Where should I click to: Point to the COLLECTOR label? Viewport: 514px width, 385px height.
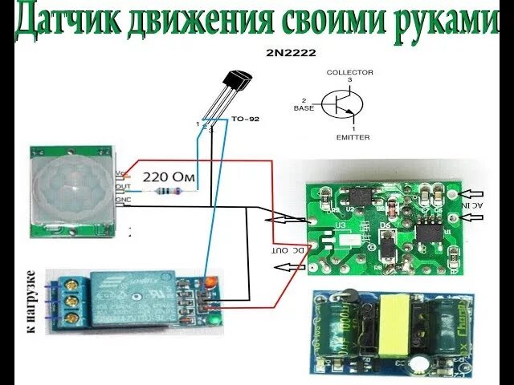point(349,72)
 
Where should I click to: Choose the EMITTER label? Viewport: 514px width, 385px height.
point(353,137)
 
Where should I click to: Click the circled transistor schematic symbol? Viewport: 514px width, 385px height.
point(341,103)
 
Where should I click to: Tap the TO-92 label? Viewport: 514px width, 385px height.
point(245,120)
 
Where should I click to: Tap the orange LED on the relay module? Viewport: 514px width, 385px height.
point(210,282)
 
